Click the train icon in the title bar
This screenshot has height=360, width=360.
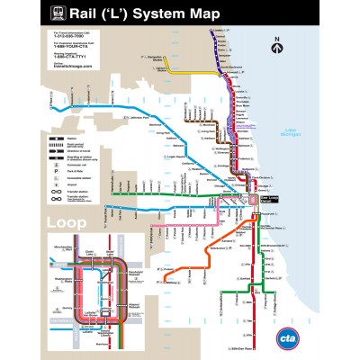click(x=58, y=13)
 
